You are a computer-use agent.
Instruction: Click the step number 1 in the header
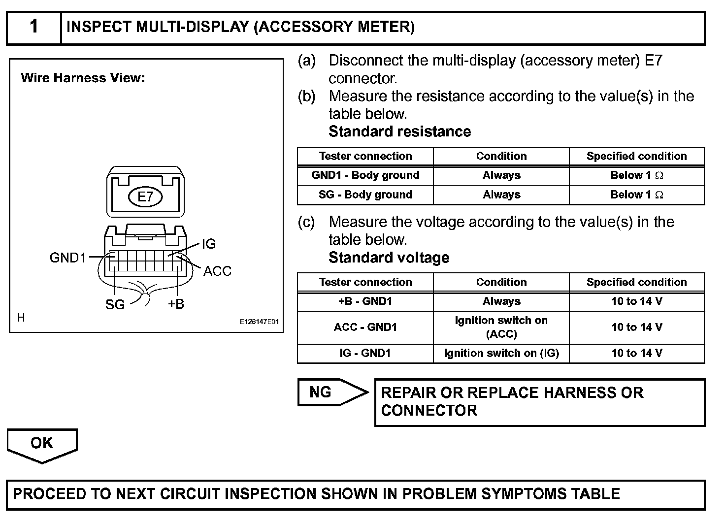click(x=33, y=27)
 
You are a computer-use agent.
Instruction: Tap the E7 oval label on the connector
click(x=145, y=197)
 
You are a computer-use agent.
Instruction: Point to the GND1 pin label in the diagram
click(x=68, y=258)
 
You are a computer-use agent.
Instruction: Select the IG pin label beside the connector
click(x=208, y=244)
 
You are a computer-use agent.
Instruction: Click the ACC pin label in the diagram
click(x=217, y=271)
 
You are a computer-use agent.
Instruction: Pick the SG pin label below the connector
click(x=115, y=304)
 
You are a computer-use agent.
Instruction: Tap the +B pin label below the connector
click(x=176, y=304)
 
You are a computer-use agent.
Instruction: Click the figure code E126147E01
click(x=259, y=322)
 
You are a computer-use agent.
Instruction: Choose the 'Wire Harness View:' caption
click(x=83, y=78)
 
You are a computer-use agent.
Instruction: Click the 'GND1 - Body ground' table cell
click(x=365, y=175)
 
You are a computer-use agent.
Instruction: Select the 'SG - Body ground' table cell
click(x=365, y=195)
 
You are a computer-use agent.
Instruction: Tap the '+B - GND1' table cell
click(x=365, y=301)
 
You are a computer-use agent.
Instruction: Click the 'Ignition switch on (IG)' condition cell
click(x=501, y=353)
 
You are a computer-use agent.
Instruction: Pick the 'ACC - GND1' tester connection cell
click(x=365, y=327)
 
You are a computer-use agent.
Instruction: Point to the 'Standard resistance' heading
click(x=399, y=131)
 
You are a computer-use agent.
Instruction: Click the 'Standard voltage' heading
click(x=389, y=258)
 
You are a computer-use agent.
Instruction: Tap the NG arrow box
click(x=328, y=392)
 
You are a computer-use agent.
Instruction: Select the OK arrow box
click(x=42, y=444)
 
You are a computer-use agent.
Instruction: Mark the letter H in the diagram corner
click(x=21, y=318)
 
